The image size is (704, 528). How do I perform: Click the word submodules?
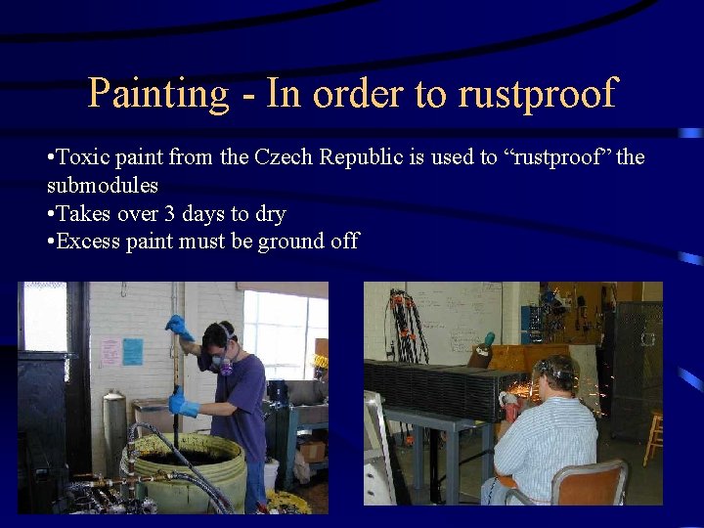click(x=102, y=185)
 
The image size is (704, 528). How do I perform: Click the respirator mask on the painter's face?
click(x=225, y=363)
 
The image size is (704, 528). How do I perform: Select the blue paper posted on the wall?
click(x=132, y=352)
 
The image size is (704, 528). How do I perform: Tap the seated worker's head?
click(x=556, y=372)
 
